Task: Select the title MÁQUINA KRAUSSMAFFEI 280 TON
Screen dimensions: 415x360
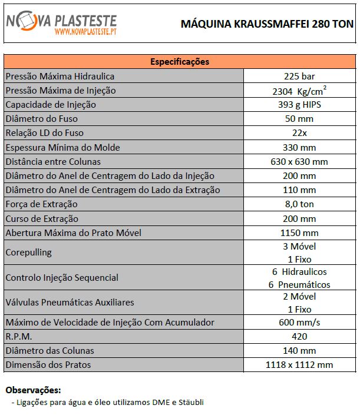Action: pyautogui.click(x=267, y=24)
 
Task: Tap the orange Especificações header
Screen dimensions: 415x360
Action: pyautogui.click(x=180, y=62)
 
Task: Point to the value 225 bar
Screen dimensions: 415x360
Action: pyautogui.click(x=299, y=77)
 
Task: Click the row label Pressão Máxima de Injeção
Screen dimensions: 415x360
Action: pyautogui.click(x=61, y=91)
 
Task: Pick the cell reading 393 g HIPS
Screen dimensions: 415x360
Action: pyautogui.click(x=299, y=105)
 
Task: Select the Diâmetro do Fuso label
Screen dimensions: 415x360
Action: pyautogui.click(x=41, y=119)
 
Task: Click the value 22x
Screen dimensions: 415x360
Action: pyautogui.click(x=299, y=133)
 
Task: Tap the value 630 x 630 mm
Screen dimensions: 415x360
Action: pyautogui.click(x=299, y=161)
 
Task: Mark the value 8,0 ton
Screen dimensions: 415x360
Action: pyautogui.click(x=299, y=204)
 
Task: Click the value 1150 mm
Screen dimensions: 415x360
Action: pyautogui.click(x=299, y=233)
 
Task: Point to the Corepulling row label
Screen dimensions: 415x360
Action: pyautogui.click(x=28, y=253)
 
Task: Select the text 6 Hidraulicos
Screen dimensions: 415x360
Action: pyautogui.click(x=299, y=272)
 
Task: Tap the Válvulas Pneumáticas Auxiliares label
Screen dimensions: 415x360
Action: pyautogui.click(x=70, y=303)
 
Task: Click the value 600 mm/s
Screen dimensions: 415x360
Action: pyautogui.click(x=299, y=323)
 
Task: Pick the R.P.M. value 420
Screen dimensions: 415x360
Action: pyautogui.click(x=299, y=337)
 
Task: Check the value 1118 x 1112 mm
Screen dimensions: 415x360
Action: pyautogui.click(x=299, y=365)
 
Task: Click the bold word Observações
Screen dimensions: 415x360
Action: pyautogui.click(x=33, y=390)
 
